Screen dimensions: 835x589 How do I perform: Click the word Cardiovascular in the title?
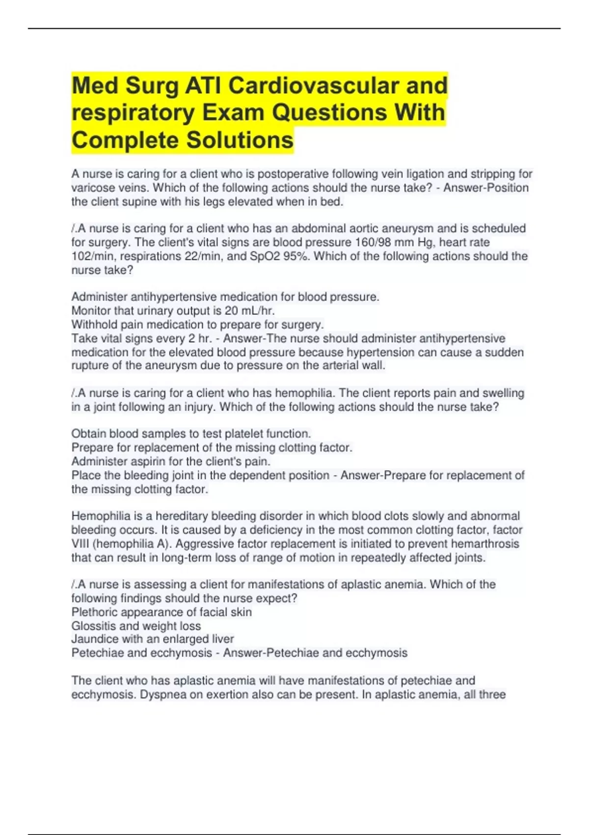313,85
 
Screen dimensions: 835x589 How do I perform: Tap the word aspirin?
148,461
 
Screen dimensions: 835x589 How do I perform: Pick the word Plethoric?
94,612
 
